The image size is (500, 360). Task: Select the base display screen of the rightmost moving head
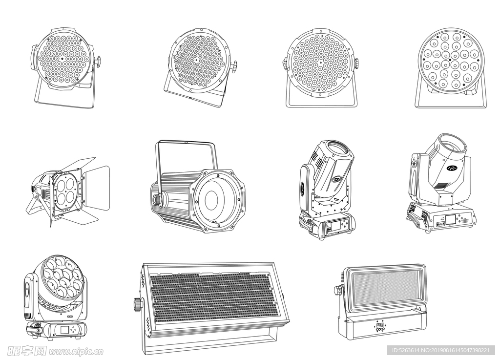pyautogui.click(x=450, y=220)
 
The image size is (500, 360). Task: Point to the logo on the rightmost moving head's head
pyautogui.click(x=452, y=168)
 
